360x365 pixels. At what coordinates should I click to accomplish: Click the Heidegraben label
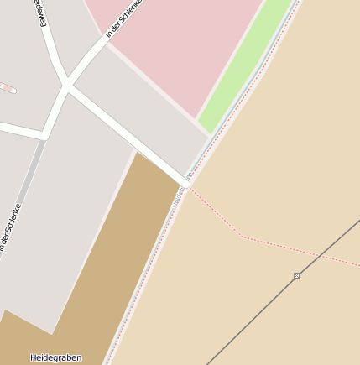[x=55, y=357]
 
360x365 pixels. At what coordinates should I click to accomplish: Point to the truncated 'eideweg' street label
[x=38, y=12]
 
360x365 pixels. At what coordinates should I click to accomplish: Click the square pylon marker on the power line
[x=296, y=275]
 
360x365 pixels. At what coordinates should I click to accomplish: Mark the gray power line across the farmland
[x=252, y=320]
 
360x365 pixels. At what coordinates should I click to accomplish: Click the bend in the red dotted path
[x=243, y=237]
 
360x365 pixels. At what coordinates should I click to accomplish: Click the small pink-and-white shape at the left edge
[x=7, y=87]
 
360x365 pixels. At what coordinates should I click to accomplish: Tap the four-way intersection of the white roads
[x=66, y=85]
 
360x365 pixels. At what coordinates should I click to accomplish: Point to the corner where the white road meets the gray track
[x=43, y=135]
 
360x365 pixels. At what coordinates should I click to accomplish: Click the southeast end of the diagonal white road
[x=185, y=182]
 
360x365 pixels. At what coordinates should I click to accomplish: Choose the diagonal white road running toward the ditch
[x=126, y=134]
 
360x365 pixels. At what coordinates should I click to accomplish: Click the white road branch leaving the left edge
[x=17, y=128]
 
